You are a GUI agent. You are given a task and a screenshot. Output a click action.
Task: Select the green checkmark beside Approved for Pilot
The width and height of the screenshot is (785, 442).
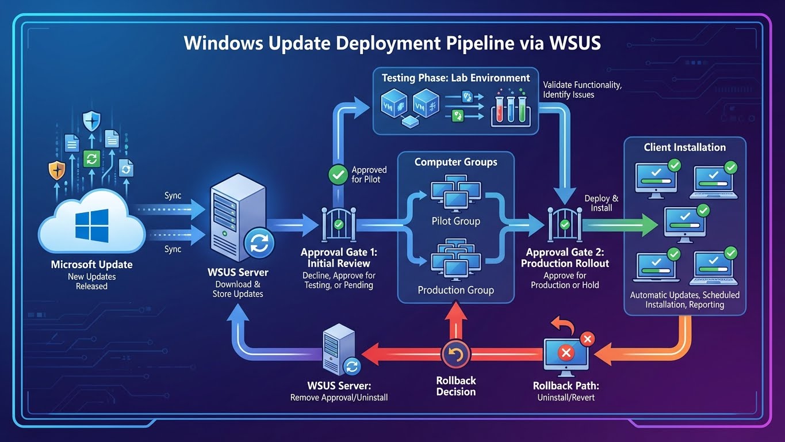coord(337,174)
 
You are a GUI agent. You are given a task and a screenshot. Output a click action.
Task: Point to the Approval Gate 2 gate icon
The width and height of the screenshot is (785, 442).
coord(564,225)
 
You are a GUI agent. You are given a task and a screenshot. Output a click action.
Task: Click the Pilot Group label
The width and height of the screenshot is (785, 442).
coord(455,221)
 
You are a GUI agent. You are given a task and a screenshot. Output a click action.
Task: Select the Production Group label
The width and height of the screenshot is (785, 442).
coord(455,290)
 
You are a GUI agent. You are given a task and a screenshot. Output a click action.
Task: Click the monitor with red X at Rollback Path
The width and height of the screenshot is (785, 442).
coord(566,353)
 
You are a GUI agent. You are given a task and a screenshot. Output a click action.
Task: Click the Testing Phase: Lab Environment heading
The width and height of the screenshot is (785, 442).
coord(455,78)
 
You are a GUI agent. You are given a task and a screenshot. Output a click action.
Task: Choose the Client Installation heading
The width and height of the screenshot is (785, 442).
coord(684,147)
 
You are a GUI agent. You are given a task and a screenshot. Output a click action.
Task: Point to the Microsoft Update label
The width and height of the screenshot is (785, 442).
coord(91,265)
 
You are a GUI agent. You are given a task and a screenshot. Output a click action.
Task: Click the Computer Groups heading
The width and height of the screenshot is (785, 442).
coord(455,162)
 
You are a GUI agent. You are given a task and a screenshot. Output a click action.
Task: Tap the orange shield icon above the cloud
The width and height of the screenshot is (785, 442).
coord(56,171)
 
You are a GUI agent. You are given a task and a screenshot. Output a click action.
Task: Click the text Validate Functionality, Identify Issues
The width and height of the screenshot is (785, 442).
coord(582,89)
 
